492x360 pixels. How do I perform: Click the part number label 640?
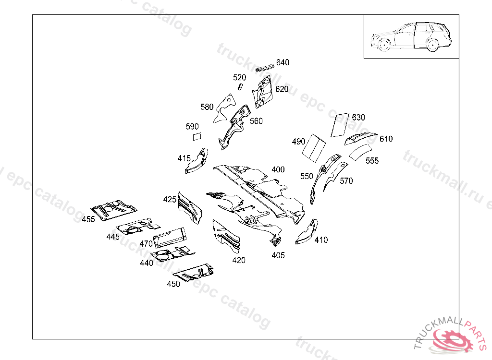283,62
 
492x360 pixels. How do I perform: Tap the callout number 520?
239,77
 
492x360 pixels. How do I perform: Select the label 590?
192,127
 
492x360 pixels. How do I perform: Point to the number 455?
88,219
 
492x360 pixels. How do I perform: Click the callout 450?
173,284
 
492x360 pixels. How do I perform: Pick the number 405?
278,255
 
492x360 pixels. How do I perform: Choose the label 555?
372,161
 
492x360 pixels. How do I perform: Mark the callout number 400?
278,169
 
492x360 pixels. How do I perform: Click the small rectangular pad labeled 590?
197,137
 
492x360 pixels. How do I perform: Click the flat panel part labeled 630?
341,124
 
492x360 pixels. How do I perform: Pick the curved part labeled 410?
307,232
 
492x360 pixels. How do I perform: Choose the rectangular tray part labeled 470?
170,236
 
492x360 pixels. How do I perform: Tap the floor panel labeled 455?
113,209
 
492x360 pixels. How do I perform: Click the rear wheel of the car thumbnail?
432,46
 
